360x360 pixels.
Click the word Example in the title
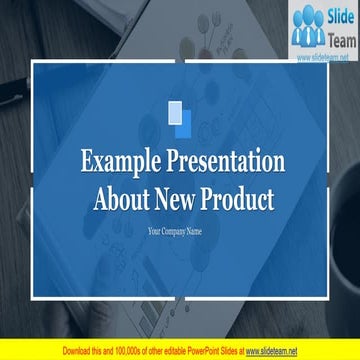point(118,163)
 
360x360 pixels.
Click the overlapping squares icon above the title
point(180,118)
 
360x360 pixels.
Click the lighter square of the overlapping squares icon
point(175,112)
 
